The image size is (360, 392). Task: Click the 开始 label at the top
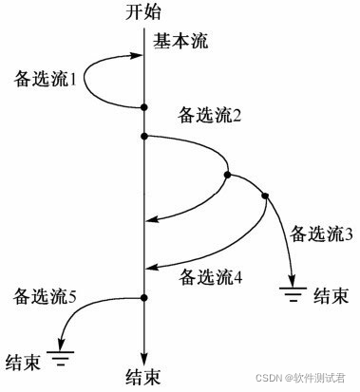[x=145, y=12]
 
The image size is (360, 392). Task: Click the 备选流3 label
[x=322, y=233]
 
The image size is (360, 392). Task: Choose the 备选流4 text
[x=211, y=278]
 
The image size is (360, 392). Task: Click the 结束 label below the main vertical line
[x=144, y=378]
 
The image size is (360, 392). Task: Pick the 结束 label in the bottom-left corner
[x=22, y=361]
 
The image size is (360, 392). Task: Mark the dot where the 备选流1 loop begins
[x=144, y=106]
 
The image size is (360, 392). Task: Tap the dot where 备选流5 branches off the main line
[x=144, y=299]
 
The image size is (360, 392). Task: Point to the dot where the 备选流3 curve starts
[x=265, y=196]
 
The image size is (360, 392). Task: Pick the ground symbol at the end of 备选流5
[x=64, y=357]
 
